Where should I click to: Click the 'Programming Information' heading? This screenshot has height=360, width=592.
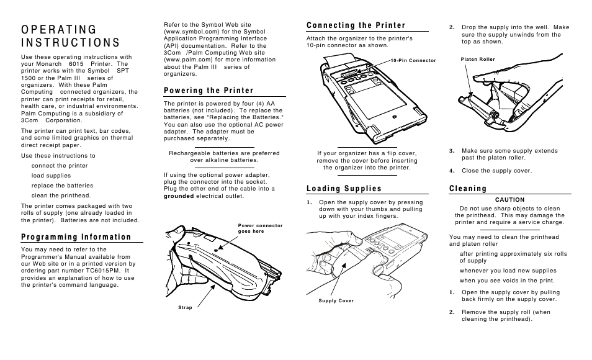76,236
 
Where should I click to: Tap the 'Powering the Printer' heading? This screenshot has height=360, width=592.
209,91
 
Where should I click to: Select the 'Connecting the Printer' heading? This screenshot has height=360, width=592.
356,25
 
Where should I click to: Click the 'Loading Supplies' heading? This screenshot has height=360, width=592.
344,188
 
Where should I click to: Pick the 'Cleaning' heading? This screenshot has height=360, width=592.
468,188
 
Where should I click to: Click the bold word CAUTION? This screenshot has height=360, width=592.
509,200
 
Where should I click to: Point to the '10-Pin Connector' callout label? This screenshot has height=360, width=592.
414,60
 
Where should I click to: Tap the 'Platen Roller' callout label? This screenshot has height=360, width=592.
478,59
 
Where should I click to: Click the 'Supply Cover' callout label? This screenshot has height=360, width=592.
336,300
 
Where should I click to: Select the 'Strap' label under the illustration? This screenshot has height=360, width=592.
185,307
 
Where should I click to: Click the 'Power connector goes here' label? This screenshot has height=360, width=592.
260,228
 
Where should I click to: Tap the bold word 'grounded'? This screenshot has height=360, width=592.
179,196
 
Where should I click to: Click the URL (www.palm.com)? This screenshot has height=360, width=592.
184,60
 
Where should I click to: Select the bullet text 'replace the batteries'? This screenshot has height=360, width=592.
62,186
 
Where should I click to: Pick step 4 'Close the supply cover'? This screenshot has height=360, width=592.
496,171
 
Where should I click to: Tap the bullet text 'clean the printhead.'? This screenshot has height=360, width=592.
61,196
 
